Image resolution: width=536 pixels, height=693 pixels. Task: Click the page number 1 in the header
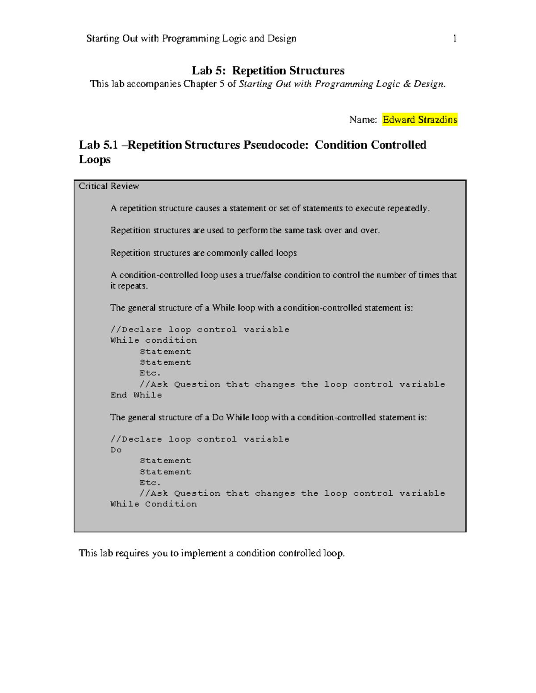tap(455, 39)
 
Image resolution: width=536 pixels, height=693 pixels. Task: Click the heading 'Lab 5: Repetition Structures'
tap(268, 71)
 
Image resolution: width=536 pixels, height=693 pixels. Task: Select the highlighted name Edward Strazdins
tap(420, 120)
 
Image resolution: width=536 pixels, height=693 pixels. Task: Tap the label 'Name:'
tap(363, 120)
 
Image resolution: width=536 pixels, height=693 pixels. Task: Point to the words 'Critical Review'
tap(109, 186)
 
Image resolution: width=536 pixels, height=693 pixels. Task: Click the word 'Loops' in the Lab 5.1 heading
tap(95, 160)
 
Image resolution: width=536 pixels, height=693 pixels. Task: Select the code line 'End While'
tap(136, 395)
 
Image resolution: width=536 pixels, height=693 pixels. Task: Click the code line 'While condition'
tap(154, 340)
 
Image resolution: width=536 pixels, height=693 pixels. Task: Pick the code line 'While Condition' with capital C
tap(154, 504)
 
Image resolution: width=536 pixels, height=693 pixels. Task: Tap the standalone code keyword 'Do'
tap(116, 450)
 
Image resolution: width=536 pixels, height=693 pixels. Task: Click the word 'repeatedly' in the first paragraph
tap(407, 208)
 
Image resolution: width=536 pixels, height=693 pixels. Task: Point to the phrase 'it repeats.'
tap(129, 286)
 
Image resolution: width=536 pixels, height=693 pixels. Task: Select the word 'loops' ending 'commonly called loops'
tap(286, 253)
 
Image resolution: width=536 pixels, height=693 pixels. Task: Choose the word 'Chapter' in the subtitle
tap(200, 84)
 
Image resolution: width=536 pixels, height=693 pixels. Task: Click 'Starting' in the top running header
tap(103, 39)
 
